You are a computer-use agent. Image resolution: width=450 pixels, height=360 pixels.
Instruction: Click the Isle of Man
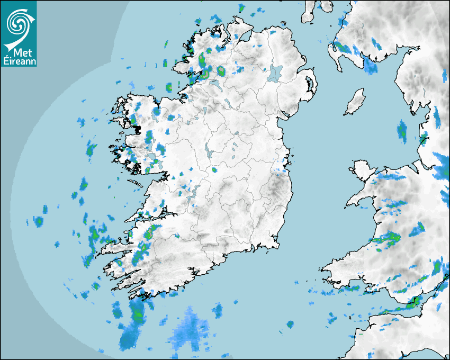point(355,102)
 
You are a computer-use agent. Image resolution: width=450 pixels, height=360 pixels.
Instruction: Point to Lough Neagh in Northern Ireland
point(276,73)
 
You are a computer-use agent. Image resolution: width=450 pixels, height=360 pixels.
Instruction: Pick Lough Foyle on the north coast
point(247,34)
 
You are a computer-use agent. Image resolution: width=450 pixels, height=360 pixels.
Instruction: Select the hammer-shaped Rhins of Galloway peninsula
point(336,53)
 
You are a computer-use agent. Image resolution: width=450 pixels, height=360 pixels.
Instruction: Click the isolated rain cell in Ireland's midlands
point(214,170)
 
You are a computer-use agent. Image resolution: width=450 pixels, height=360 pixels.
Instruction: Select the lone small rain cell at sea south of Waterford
point(290,323)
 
